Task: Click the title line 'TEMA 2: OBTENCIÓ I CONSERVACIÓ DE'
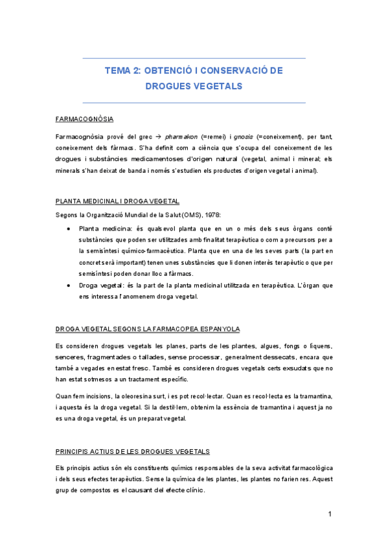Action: tap(194, 70)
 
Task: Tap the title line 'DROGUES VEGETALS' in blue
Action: tap(194, 85)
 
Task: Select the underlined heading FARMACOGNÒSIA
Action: tap(85, 119)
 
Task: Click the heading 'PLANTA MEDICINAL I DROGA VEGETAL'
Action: tap(117, 201)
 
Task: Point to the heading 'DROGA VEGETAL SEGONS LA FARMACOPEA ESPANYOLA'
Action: tap(148, 330)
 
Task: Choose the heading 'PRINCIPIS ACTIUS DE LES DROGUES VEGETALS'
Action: tap(133, 451)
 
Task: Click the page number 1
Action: tap(330, 515)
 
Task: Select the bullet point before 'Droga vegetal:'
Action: tap(69, 286)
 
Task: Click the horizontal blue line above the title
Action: tap(194, 58)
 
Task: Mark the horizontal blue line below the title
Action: tap(194, 102)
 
